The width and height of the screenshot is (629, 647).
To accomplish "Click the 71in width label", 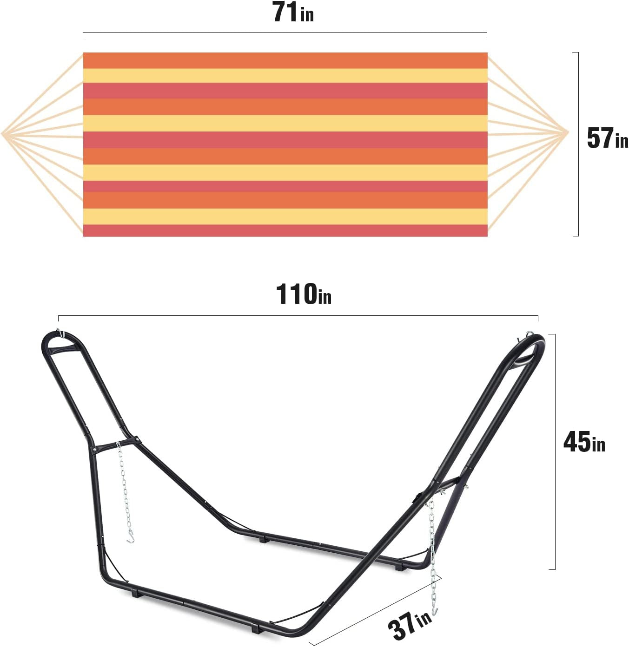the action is coord(293,12).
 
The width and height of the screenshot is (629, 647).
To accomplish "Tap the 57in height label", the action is coord(607,138).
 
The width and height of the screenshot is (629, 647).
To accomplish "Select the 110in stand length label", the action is coord(304,294).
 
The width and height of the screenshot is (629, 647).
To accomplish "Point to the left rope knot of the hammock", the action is coord(3,134).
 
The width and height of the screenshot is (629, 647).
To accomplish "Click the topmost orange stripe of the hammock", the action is coord(285,60).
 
